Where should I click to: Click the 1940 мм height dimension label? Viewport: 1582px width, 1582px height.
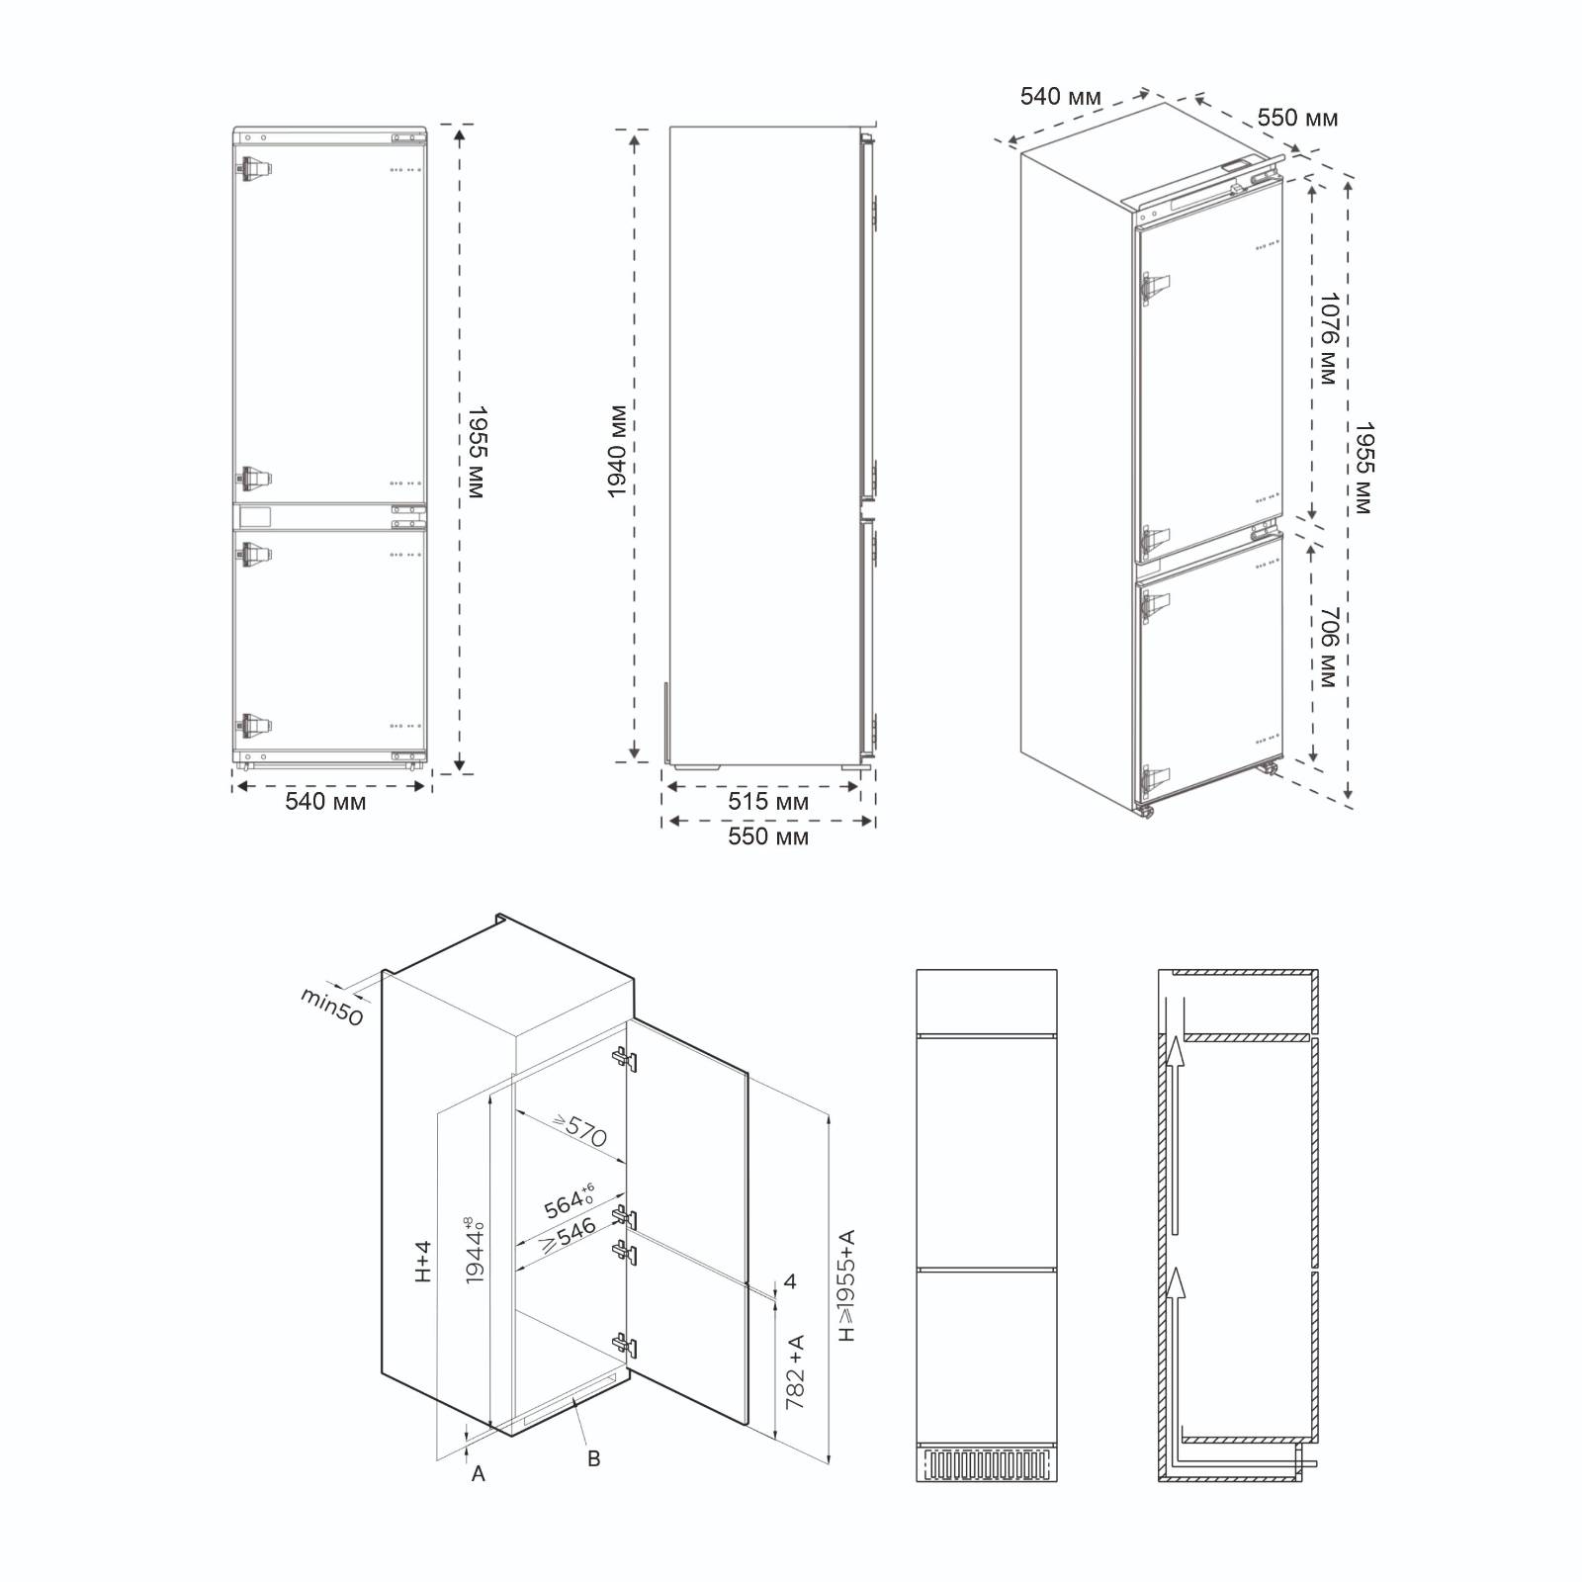[617, 451]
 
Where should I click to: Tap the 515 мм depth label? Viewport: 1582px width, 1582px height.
[768, 802]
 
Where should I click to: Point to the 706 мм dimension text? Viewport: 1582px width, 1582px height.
[1327, 648]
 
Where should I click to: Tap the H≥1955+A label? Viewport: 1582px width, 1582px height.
[846, 1284]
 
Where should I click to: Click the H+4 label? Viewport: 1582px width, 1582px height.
[423, 1263]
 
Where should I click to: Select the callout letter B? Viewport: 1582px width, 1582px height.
[593, 1458]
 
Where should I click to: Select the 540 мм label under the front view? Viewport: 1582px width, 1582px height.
[325, 802]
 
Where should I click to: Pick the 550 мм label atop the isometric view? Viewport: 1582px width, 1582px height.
[1297, 119]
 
